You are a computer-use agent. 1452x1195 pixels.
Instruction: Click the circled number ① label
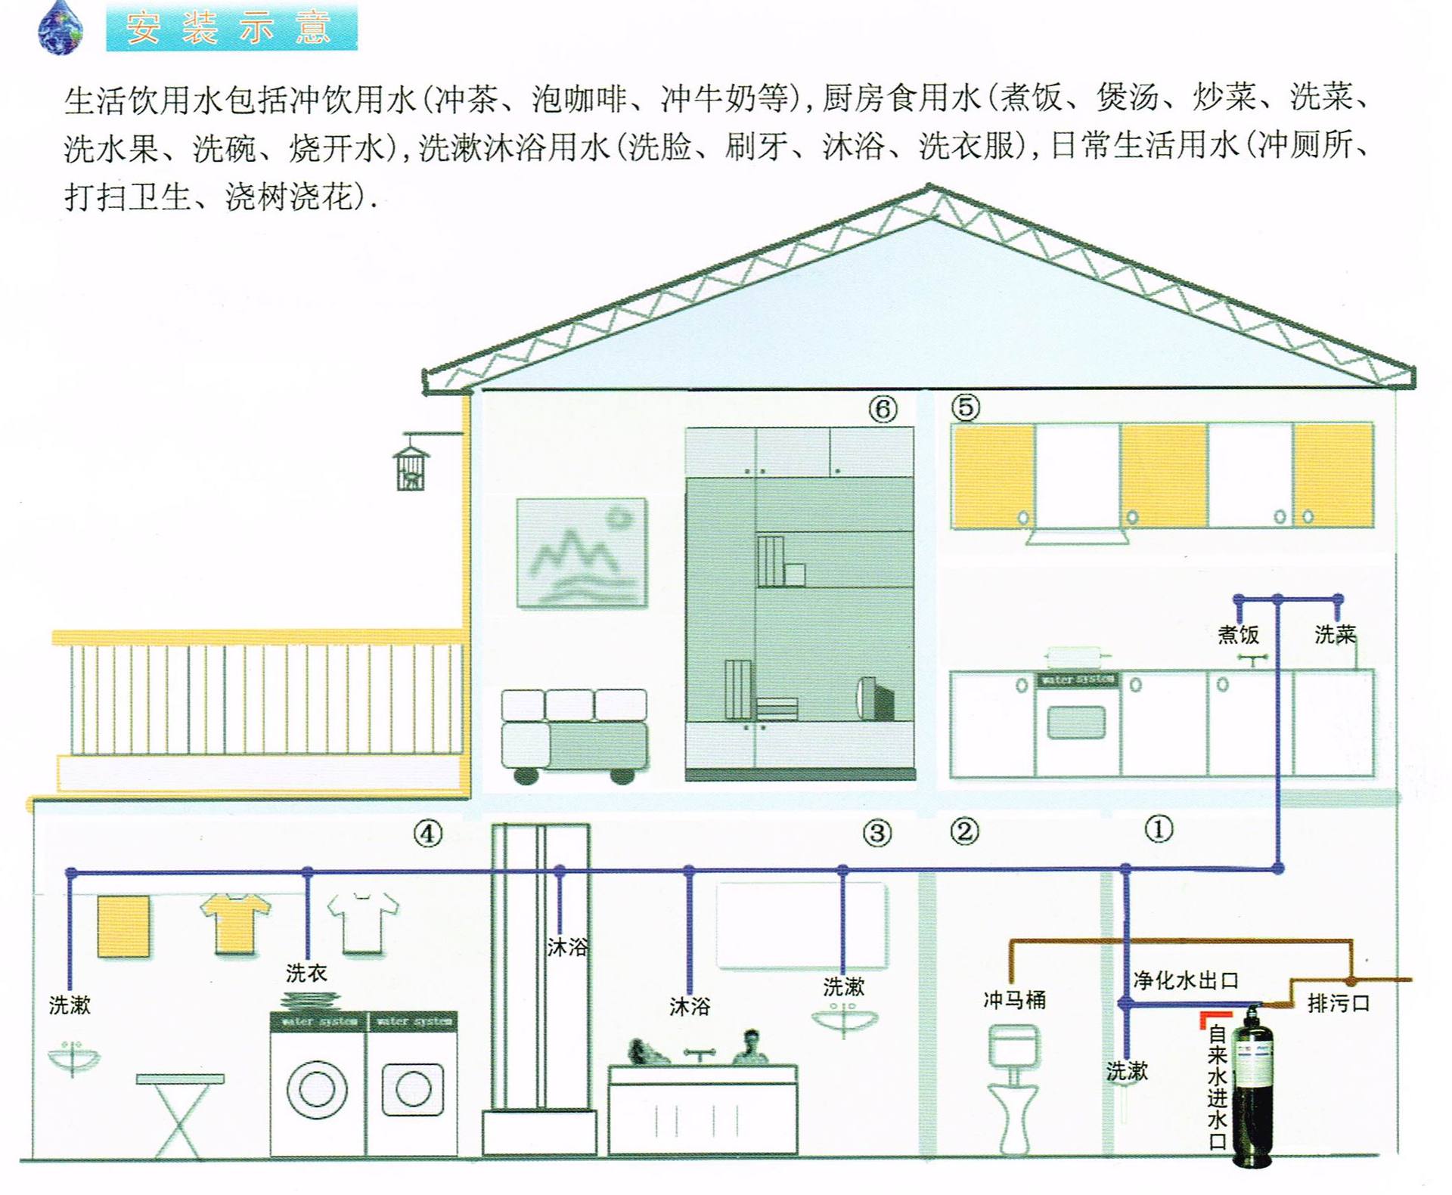coord(1159,829)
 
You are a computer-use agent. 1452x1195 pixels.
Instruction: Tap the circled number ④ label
coord(427,834)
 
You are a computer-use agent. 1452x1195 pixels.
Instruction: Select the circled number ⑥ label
coord(882,409)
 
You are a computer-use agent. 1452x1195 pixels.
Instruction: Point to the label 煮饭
coord(1238,634)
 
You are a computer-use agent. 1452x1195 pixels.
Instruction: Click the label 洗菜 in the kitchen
coord(1335,634)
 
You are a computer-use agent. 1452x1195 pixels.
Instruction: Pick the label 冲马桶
coord(1014,1000)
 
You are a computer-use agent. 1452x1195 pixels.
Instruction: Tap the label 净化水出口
coord(1185,980)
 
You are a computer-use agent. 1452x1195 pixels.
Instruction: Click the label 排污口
coord(1339,1003)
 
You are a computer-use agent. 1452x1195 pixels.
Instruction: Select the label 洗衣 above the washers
coord(306,973)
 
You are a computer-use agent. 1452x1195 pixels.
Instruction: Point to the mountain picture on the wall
coord(582,553)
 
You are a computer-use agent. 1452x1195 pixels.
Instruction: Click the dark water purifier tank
coord(1253,1088)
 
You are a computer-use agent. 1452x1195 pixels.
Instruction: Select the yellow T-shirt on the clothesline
coord(235,922)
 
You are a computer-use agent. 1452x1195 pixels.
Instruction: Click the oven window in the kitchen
coord(1075,723)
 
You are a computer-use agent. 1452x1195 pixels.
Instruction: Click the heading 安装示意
coord(231,27)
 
